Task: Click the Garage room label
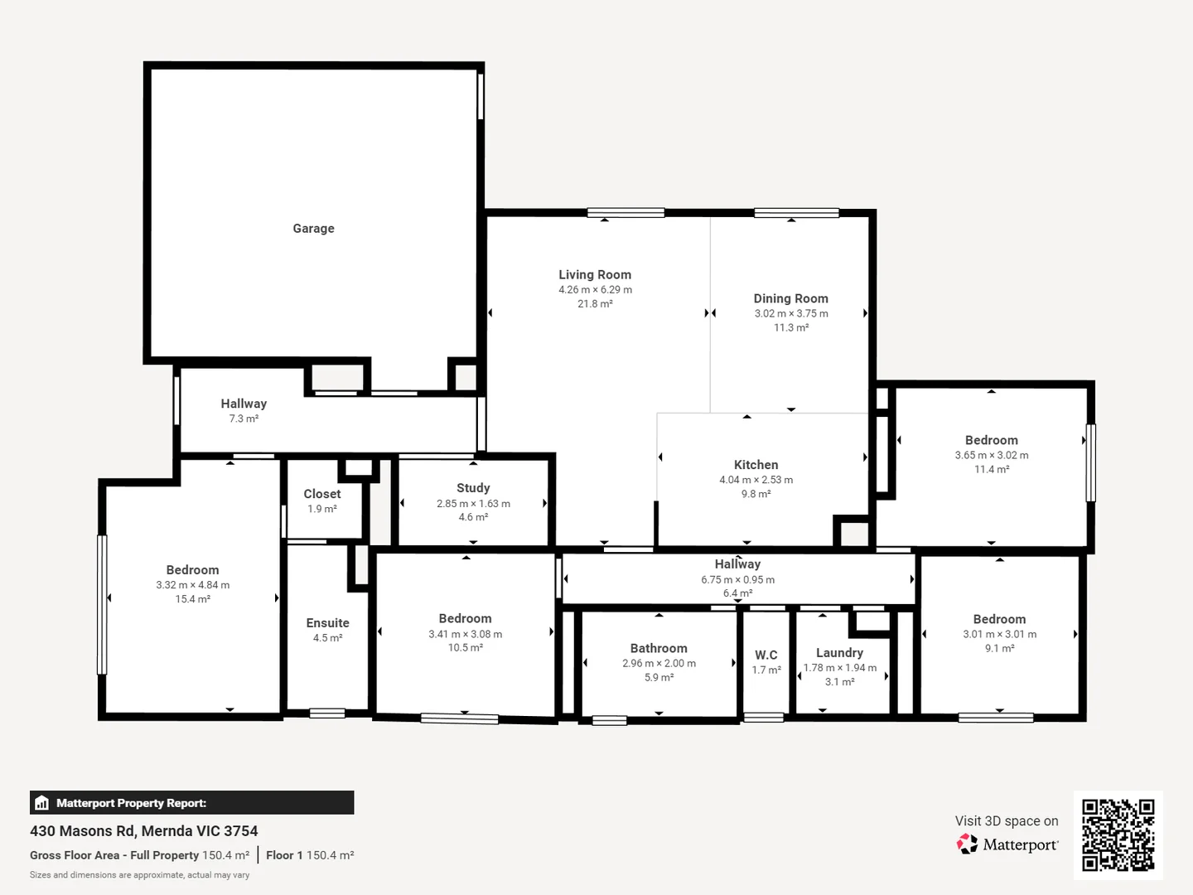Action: pos(313,229)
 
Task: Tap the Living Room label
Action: pos(595,275)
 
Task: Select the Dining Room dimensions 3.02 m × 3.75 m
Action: pos(791,313)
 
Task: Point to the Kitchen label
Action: pos(756,465)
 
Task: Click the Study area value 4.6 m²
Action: pos(473,517)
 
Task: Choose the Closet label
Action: pos(322,494)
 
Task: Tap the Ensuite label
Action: pos(327,623)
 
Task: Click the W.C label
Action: pos(766,655)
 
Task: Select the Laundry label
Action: pos(839,653)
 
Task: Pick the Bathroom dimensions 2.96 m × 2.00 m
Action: pos(659,663)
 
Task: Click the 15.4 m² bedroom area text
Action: pos(192,599)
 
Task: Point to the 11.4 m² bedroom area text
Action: pos(992,469)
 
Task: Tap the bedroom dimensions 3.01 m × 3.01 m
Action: pos(999,634)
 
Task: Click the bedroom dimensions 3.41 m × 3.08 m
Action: pos(465,634)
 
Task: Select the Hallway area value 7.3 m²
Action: pos(244,418)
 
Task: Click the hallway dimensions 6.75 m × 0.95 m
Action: pos(737,579)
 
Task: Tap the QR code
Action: pos(1118,835)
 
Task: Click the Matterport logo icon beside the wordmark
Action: pos(967,844)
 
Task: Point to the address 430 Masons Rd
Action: pos(82,830)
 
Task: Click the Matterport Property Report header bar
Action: pos(191,802)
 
